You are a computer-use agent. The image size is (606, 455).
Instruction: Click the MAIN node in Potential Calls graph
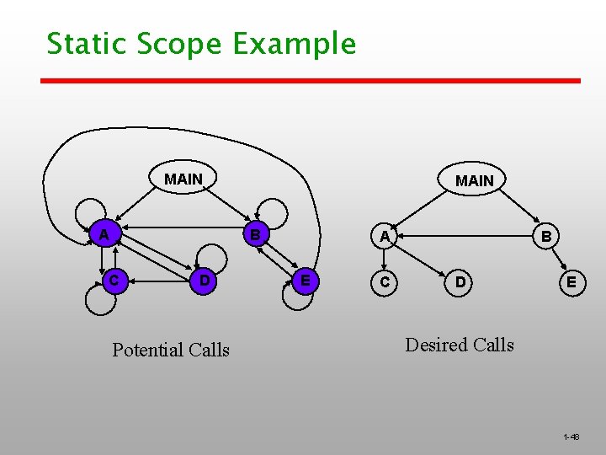click(x=183, y=179)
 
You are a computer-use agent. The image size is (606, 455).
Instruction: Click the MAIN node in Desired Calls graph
click(x=475, y=180)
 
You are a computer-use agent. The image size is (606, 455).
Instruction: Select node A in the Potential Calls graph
click(x=103, y=234)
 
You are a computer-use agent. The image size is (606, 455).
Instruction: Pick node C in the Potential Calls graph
click(x=113, y=279)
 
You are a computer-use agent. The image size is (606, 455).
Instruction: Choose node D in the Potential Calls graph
click(x=203, y=279)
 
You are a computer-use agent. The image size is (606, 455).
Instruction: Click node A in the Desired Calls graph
click(x=385, y=237)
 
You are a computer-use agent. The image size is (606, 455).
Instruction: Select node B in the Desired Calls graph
click(x=546, y=237)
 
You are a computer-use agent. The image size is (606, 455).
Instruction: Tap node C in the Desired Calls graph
click(x=385, y=282)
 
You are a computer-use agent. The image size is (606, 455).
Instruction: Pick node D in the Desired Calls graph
click(x=460, y=282)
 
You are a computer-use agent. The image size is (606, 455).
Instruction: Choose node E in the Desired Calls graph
click(x=571, y=282)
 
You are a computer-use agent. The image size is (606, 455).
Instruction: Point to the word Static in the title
click(x=78, y=43)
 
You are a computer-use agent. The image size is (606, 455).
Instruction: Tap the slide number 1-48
click(x=571, y=436)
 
